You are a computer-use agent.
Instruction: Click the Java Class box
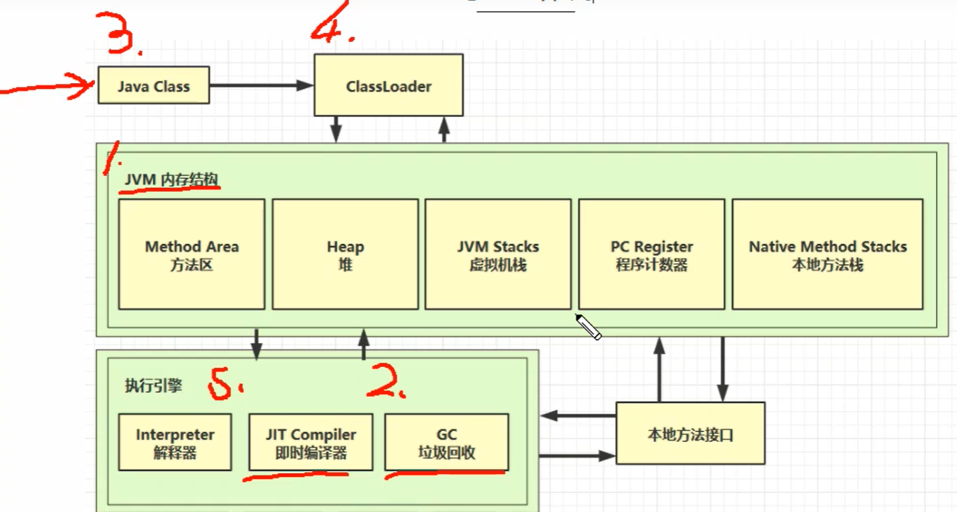pyautogui.click(x=154, y=85)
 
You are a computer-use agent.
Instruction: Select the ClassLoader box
pyautogui.click(x=388, y=85)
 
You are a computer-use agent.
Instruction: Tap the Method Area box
pyautogui.click(x=192, y=254)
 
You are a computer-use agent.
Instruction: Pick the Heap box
pyautogui.click(x=345, y=254)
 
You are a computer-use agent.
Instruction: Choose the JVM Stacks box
pyautogui.click(x=498, y=254)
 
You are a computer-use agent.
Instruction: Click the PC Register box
pyautogui.click(x=651, y=254)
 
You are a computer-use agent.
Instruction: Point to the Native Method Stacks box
pyautogui.click(x=828, y=254)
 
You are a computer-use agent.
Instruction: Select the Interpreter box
pyautogui.click(x=175, y=442)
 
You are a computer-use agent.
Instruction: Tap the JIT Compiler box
pyautogui.click(x=311, y=442)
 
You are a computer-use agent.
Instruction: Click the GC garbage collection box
pyautogui.click(x=447, y=442)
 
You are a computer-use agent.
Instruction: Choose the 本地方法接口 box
pyautogui.click(x=690, y=434)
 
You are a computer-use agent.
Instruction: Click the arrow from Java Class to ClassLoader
pyautogui.click(x=262, y=85)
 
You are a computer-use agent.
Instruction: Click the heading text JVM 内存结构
pyautogui.click(x=171, y=179)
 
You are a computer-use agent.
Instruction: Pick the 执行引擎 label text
pyautogui.click(x=153, y=385)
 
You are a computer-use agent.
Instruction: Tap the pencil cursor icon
pyautogui.click(x=588, y=327)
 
